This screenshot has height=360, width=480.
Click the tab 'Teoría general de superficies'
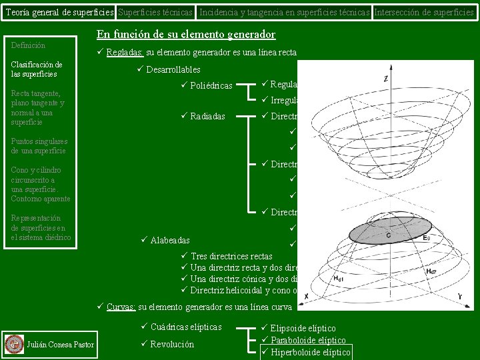58,12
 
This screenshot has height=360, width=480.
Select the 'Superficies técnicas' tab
155,12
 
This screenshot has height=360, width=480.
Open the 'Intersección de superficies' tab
424,12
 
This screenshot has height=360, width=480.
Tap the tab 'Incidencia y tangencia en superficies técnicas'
285,12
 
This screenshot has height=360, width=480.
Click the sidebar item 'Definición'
29,45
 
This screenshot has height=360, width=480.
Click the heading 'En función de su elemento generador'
186,35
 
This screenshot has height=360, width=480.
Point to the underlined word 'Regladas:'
124,53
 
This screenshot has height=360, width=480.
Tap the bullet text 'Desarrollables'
173,69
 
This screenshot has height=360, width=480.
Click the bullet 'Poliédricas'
211,85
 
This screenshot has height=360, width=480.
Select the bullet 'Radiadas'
207,117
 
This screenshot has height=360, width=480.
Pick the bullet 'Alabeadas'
170,240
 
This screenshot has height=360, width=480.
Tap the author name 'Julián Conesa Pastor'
61,344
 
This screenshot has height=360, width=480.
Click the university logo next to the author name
13,344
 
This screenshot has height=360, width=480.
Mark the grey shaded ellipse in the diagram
387,231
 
